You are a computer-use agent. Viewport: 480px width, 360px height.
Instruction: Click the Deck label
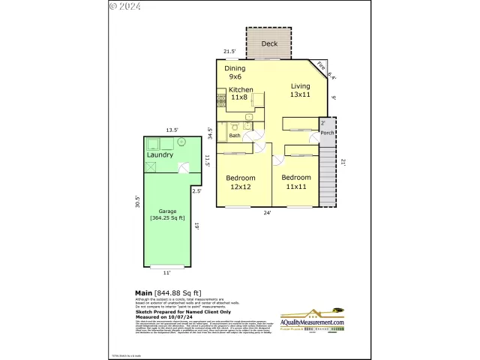[x=269, y=43]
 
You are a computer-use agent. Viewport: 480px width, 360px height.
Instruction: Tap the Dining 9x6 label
[x=235, y=72]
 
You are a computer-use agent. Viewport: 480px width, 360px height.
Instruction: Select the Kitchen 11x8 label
[x=241, y=93]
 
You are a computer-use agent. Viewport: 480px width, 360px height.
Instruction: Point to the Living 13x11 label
[x=301, y=90]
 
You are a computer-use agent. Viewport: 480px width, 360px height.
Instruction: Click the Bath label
[x=235, y=136]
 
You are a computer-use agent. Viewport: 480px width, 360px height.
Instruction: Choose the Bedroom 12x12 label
[x=241, y=182]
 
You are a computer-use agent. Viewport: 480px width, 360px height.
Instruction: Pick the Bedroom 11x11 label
[x=296, y=182]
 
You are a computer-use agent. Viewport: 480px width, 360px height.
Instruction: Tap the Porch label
[x=327, y=133]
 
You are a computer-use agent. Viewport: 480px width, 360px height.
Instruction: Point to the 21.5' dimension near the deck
[x=230, y=52]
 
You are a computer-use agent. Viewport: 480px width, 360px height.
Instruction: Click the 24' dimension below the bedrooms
[x=267, y=213]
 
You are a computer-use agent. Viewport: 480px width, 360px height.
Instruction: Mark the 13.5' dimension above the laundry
[x=172, y=130]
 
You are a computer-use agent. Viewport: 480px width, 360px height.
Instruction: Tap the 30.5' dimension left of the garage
[x=136, y=202]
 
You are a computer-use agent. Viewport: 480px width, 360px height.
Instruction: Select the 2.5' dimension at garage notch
[x=196, y=191]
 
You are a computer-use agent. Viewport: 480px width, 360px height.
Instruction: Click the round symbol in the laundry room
[x=181, y=141]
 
